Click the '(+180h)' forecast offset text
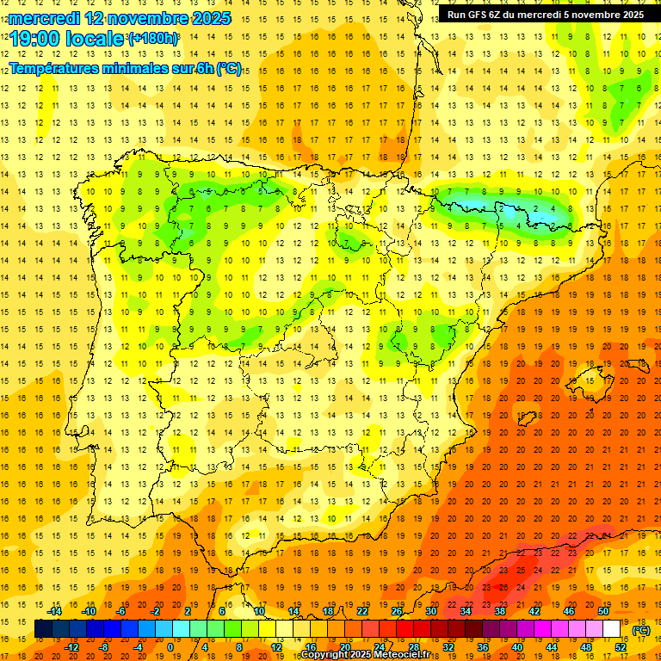point(154,39)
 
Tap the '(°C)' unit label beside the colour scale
point(640,630)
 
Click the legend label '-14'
point(55,611)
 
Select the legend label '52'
point(621,647)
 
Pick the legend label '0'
point(170,647)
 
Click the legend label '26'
point(397,611)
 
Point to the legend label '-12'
point(72,647)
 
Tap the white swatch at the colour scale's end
point(612,629)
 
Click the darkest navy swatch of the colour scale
point(43,629)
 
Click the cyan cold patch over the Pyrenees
point(516,210)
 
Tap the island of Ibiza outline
point(528,418)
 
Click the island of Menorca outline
point(639,357)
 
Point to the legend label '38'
point(500,611)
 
